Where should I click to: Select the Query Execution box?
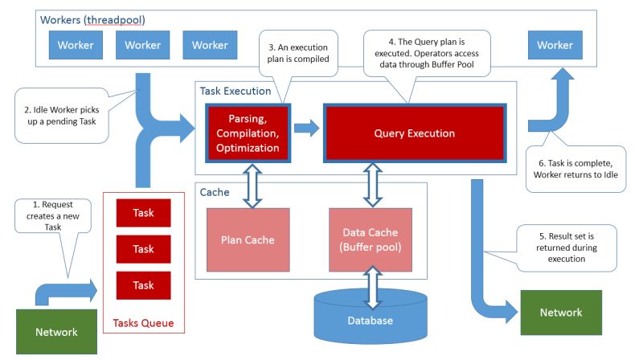coord(414,133)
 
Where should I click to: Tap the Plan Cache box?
coord(248,239)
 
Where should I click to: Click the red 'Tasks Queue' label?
coord(143,324)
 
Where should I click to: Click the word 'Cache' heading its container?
coord(215,193)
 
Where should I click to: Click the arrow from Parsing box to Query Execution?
coord(306,129)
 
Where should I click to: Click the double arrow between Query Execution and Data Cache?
coord(372,182)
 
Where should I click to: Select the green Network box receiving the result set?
coord(560,312)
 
